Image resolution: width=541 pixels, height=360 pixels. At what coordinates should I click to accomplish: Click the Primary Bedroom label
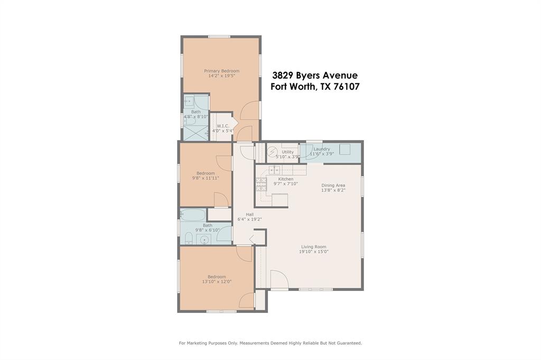[221, 71]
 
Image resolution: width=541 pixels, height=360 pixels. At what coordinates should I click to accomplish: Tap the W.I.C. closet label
[222, 126]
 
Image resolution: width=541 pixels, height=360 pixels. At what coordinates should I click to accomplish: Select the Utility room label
[287, 151]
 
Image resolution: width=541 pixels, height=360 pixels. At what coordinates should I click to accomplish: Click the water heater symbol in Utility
[273, 153]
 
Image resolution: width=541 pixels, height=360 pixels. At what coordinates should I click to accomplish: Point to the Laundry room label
[321, 149]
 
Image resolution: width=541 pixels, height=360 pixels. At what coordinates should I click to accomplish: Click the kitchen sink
[274, 170]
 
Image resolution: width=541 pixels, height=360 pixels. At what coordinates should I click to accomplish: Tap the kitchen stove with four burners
[261, 184]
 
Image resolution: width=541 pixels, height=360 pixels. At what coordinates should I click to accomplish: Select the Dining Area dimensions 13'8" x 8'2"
[333, 191]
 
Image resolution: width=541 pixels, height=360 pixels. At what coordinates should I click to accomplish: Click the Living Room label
[313, 247]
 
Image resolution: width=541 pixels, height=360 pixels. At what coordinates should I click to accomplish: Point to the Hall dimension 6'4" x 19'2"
[249, 219]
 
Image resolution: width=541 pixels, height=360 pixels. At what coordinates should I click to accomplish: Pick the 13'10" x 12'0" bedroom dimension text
[217, 282]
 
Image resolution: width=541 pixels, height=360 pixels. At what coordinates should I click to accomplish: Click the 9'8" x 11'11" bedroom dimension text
[206, 178]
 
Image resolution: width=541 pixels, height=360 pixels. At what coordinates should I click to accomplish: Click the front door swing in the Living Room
[278, 279]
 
